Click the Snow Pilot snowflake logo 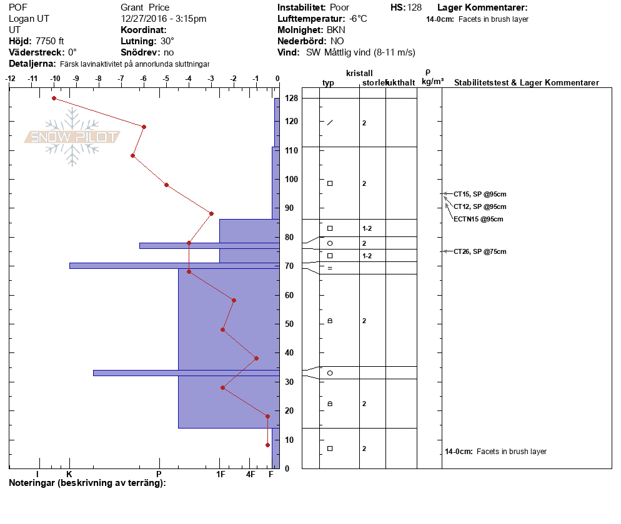pyautogui.click(x=72, y=137)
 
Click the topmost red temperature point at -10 pyautogui.click(x=54, y=98)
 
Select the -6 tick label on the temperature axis pyautogui.click(x=143, y=79)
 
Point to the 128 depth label pyautogui.click(x=291, y=98)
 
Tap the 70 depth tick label pyautogui.click(x=289, y=266)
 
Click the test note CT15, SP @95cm pyautogui.click(x=480, y=194)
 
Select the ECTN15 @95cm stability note pyautogui.click(x=479, y=219)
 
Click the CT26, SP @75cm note pyautogui.click(x=480, y=251)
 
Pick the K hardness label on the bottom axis pyautogui.click(x=69, y=474)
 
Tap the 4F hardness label pyautogui.click(x=251, y=474)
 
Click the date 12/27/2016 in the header pyautogui.click(x=144, y=19)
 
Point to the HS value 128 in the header pyautogui.click(x=414, y=7)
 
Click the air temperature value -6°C pyautogui.click(x=357, y=19)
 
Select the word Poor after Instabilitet pyautogui.click(x=339, y=7)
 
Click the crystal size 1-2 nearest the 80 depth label pyautogui.click(x=367, y=228)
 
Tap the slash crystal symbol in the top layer pyautogui.click(x=330, y=123)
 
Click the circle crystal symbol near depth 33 pyautogui.click(x=330, y=373)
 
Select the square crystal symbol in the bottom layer pyautogui.click(x=330, y=449)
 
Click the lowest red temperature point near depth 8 pyautogui.click(x=268, y=445)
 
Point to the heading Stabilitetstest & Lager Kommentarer pyautogui.click(x=526, y=82)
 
